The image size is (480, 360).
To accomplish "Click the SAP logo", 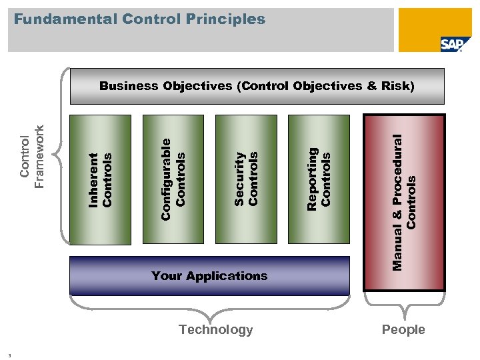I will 451,44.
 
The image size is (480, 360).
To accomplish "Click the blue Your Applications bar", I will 209,276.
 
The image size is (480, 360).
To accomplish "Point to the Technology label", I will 216,329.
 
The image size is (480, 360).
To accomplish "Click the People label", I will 403,329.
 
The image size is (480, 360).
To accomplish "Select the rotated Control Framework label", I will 33,157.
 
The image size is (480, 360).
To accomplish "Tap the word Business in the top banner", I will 129,86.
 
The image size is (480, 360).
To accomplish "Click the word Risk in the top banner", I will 393,86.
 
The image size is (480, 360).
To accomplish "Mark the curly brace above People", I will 404,304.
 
